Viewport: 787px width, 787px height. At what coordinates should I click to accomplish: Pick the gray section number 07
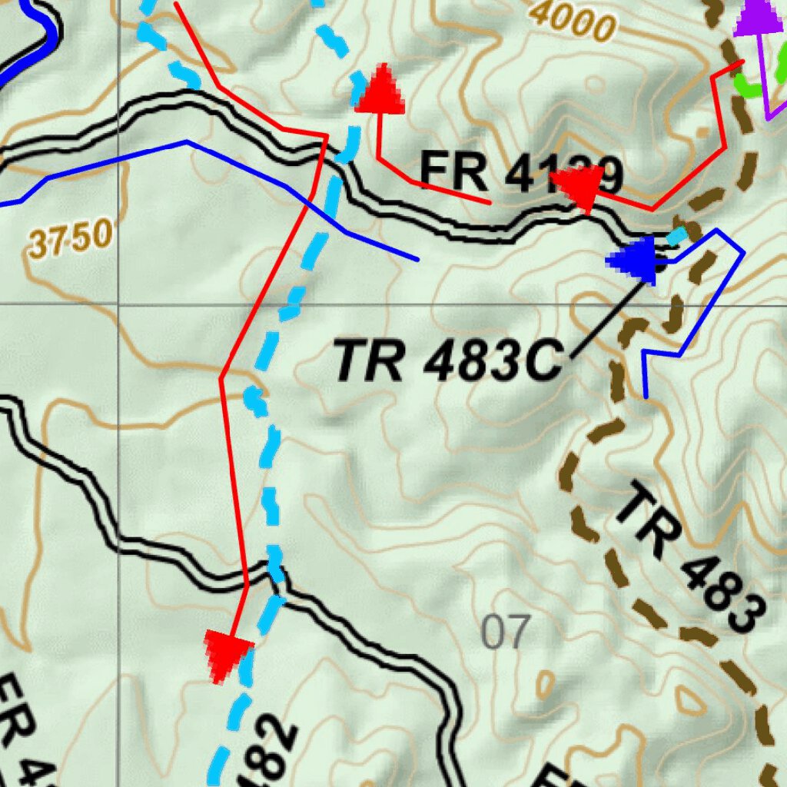[x=505, y=632]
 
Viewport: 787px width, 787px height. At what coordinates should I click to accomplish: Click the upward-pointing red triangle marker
[x=380, y=91]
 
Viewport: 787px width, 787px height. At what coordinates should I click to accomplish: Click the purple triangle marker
[x=760, y=17]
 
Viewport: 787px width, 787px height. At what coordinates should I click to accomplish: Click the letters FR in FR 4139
[x=453, y=172]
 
